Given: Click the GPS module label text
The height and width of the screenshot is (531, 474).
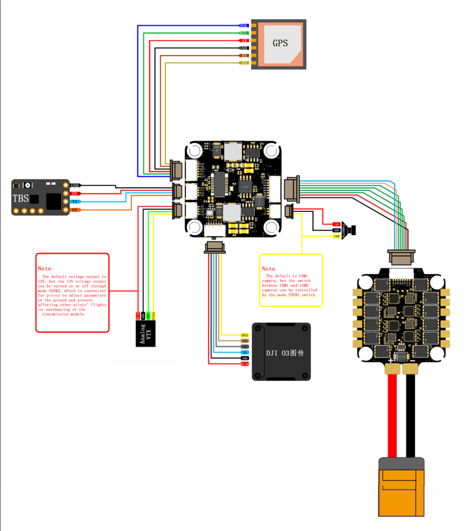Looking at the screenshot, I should pos(280,43).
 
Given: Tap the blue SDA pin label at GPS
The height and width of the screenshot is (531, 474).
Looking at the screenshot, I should pos(244,25).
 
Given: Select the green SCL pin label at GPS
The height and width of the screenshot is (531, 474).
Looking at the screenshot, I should pos(244,33).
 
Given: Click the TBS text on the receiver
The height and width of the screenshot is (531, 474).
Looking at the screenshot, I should pos(21,198).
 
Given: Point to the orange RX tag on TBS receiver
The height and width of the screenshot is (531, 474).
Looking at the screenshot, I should pos(75,209).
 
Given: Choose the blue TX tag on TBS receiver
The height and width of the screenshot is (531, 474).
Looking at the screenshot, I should pos(75,201).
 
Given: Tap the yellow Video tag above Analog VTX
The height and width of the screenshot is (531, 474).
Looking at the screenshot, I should pos(154,316).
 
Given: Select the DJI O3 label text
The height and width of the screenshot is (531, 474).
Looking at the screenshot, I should pos(285,353).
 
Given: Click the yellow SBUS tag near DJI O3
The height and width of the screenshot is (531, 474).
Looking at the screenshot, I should pos(244,335).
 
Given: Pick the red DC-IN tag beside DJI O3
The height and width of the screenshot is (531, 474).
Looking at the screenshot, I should pos(244,364).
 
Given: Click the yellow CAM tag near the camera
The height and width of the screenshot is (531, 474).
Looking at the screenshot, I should pos(336,236).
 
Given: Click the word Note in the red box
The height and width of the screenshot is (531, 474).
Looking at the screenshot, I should pos(46,268).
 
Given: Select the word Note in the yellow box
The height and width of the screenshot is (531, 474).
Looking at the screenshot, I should pos(269,269).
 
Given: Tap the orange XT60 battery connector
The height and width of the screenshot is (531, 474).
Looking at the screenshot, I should pos(402,486).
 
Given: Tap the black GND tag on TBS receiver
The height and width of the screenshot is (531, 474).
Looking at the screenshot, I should pos(75,186).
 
